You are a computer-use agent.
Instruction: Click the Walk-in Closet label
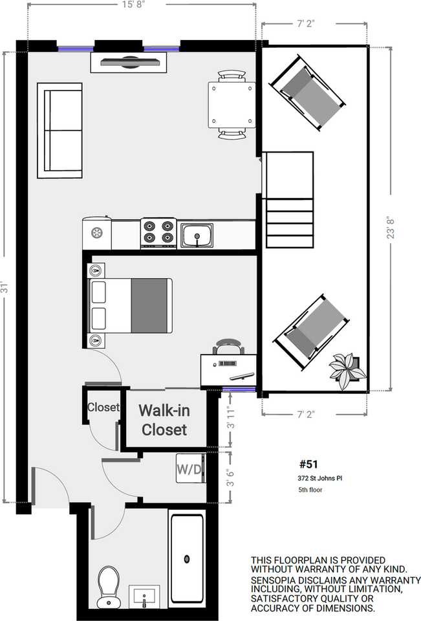tap(164, 420)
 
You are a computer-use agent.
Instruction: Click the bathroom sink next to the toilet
tap(145, 596)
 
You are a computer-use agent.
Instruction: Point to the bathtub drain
tap(186, 559)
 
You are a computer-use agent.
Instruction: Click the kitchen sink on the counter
tap(197, 235)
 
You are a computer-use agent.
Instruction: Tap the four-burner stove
tap(158, 233)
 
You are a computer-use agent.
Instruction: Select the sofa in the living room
tap(59, 130)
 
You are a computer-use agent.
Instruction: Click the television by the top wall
tap(129, 62)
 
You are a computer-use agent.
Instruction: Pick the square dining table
tap(232, 105)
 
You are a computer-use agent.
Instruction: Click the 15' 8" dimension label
tap(133, 5)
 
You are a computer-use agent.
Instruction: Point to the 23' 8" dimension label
tap(391, 227)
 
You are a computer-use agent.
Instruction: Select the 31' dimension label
tap(5, 287)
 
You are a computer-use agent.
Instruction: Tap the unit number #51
tap(308, 464)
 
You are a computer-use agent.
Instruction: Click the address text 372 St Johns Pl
tap(320, 478)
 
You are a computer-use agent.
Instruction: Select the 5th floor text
tap(310, 490)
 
